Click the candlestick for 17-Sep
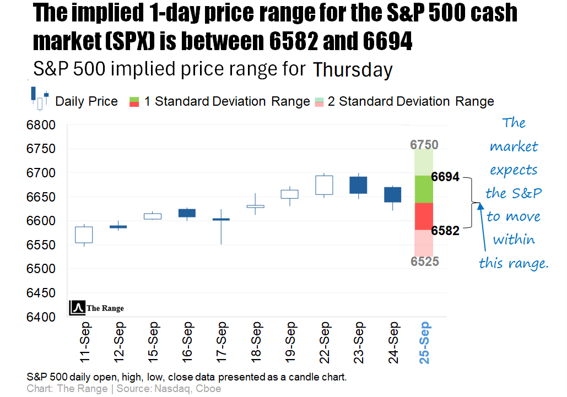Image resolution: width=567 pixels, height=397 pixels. (221, 219)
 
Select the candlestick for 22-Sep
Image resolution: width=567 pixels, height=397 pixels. (324, 185)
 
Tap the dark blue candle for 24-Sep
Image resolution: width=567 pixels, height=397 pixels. (392, 194)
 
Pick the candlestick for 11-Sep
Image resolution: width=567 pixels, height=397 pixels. (84, 235)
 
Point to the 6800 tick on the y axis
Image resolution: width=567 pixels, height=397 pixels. (41, 125)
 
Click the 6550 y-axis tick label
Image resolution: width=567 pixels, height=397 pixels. (41, 245)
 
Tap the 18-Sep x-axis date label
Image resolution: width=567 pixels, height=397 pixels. (256, 342)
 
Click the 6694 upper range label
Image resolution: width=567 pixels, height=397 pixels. (445, 177)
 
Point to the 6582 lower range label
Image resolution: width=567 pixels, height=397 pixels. (445, 230)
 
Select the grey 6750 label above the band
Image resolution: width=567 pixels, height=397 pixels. (424, 145)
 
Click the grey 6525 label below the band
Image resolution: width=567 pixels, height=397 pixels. (424, 262)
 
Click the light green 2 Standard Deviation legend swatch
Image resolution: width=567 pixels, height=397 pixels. (318, 98)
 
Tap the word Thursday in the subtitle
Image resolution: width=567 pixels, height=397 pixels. (353, 70)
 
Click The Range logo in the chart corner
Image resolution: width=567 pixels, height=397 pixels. (96, 308)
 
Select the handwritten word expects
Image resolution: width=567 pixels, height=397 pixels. (514, 170)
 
